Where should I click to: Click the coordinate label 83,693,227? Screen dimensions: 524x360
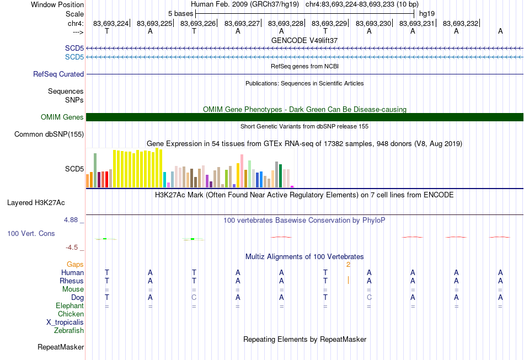[242, 23]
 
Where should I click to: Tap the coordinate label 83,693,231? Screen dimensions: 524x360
[417, 23]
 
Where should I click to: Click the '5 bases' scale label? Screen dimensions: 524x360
[180, 14]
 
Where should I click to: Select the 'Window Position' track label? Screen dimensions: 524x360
[57, 4]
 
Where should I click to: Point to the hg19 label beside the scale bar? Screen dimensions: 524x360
[427, 14]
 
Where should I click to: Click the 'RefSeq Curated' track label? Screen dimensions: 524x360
[58, 74]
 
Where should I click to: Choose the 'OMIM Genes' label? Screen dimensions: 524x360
[62, 117]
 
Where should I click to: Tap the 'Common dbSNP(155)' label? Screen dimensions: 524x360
[49, 135]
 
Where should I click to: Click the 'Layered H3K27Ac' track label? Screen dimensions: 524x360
[36, 203]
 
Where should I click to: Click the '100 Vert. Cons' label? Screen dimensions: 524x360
[31, 233]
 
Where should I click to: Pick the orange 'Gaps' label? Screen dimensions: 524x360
[75, 265]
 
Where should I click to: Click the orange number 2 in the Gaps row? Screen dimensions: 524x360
[348, 265]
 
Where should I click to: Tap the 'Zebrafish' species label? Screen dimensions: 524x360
[69, 331]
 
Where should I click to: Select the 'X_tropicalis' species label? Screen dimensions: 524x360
[65, 323]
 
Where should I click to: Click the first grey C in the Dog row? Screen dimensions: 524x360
[194, 297]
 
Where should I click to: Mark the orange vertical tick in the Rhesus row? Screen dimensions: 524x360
[348, 280]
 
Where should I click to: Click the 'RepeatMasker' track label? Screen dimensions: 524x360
[61, 347]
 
